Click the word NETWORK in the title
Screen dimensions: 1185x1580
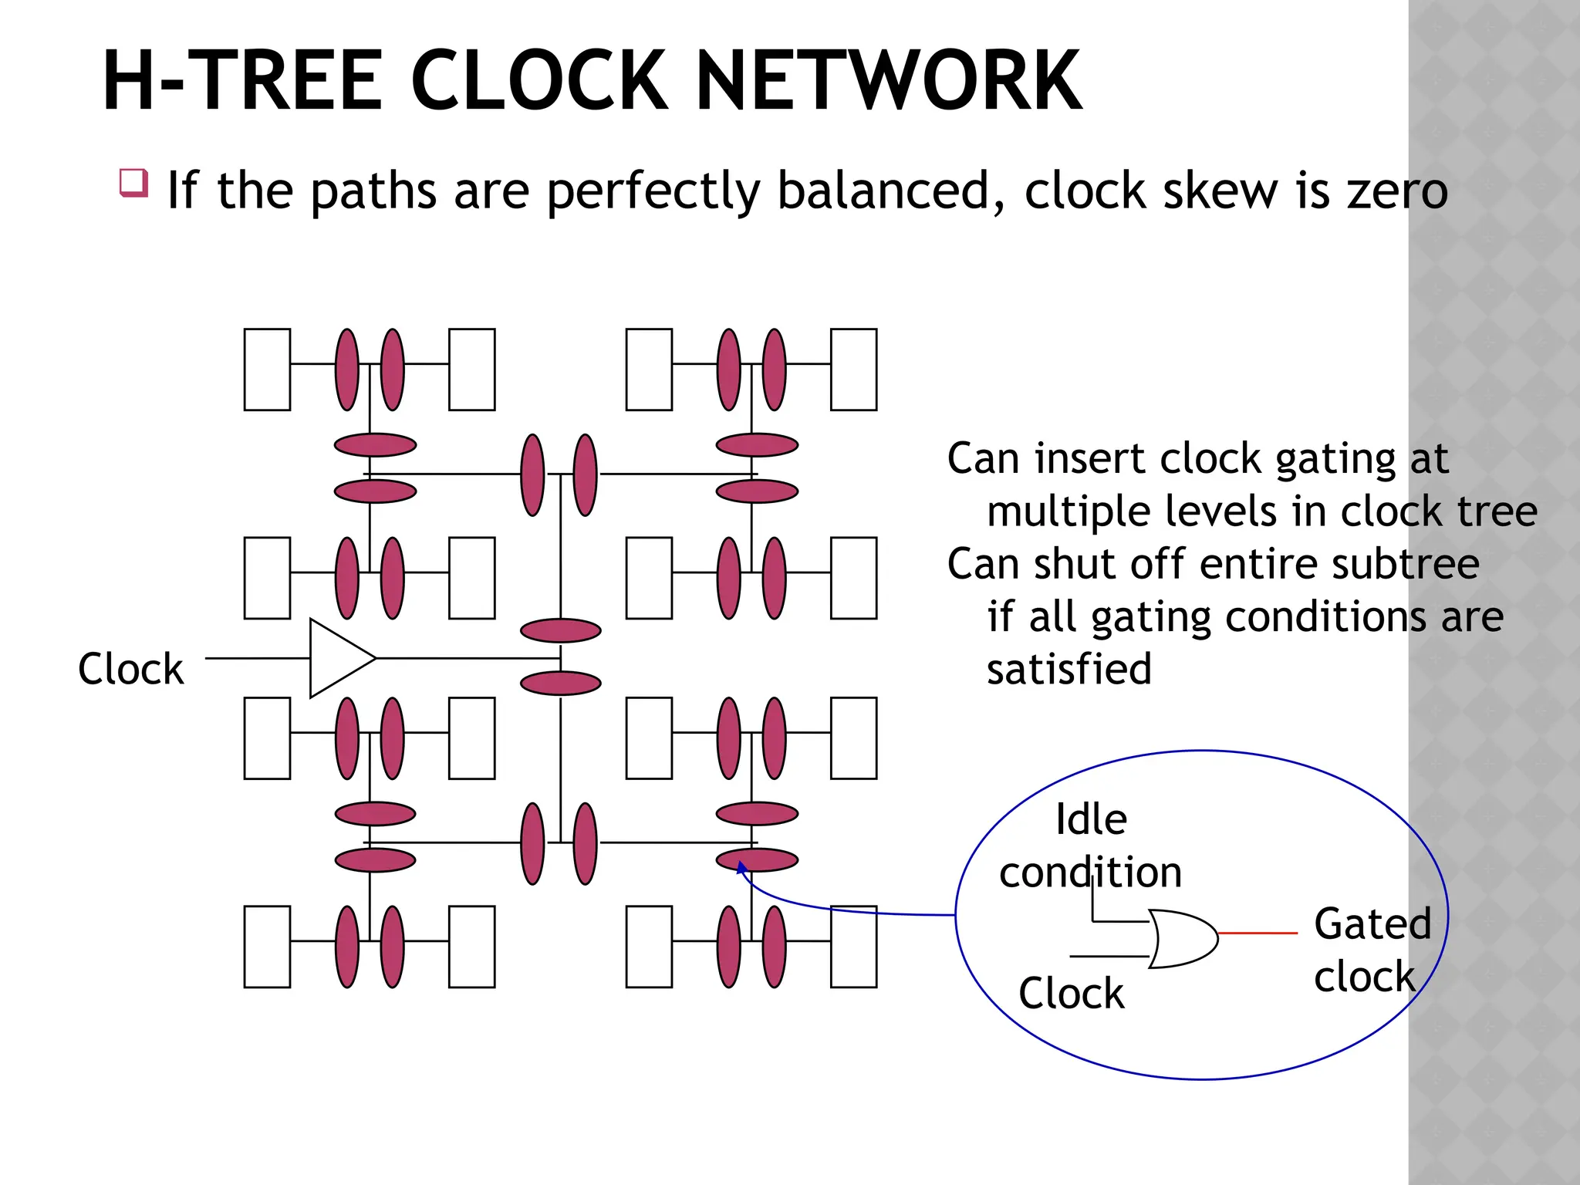888,80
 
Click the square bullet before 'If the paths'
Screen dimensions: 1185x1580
133,183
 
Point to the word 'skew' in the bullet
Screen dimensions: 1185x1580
1220,191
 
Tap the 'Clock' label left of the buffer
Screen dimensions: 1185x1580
130,668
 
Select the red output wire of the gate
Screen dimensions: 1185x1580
1258,933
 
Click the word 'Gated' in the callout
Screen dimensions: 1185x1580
1372,923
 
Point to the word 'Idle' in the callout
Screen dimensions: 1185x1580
1091,819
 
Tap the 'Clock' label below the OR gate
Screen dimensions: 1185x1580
1071,993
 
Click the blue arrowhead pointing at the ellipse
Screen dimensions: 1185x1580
741,867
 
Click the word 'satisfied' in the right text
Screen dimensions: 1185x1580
1069,669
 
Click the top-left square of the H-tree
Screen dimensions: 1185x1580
267,370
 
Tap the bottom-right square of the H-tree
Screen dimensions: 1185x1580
853,947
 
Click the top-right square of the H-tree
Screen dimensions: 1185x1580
853,370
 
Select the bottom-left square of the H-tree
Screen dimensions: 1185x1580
267,947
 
